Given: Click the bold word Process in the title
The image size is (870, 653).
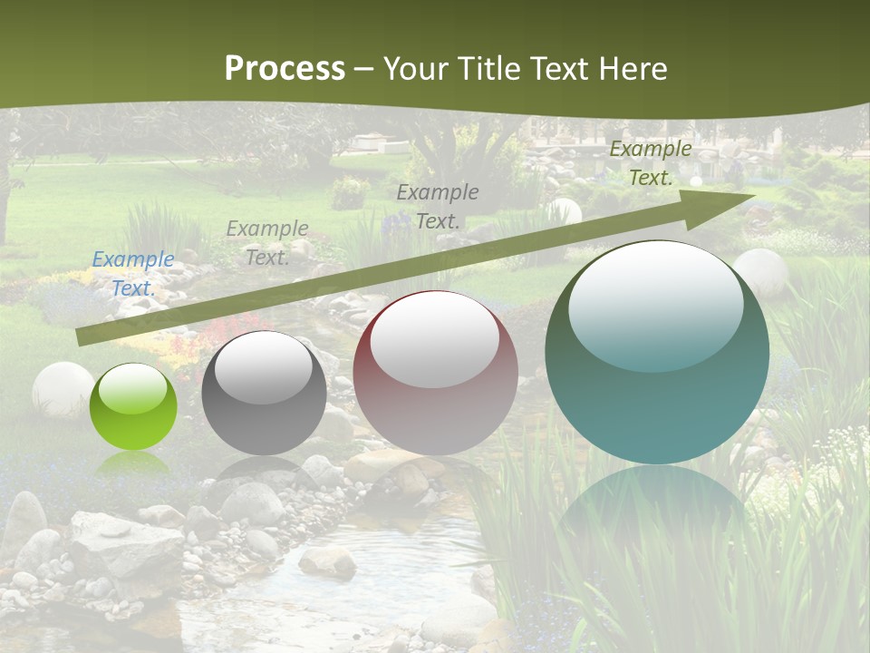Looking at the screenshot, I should tap(285, 69).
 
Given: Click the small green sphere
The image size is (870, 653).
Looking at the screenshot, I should tap(133, 406).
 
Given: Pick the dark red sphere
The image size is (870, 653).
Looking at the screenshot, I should tap(435, 374).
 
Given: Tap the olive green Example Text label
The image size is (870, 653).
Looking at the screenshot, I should tap(650, 163).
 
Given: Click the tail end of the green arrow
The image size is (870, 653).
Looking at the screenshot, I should tap(82, 336).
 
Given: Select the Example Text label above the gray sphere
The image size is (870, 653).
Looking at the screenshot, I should tap(267, 243).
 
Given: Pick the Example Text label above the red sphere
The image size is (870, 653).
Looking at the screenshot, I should tap(438, 206).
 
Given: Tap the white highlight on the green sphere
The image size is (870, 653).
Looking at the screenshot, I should tap(133, 390).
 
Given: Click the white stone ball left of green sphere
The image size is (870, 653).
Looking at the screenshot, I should tap(61, 389).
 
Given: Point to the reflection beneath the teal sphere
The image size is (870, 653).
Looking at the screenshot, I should tap(657, 508).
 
